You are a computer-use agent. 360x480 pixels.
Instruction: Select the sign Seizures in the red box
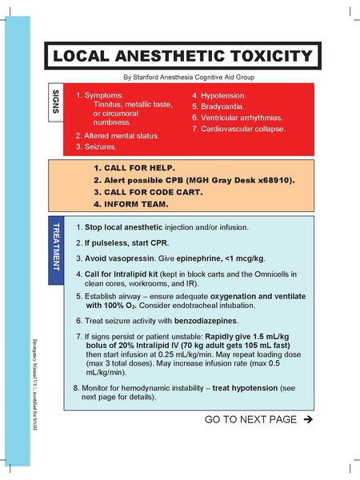coord(105,147)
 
